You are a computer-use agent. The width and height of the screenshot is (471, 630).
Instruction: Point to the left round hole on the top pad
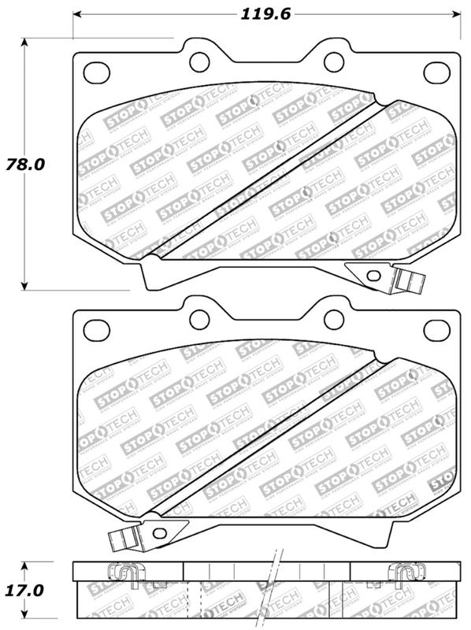(x=199, y=61)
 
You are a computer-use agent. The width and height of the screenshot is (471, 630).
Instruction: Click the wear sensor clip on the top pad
(x=408, y=280)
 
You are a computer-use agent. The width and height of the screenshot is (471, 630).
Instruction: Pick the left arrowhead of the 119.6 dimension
(x=77, y=13)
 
